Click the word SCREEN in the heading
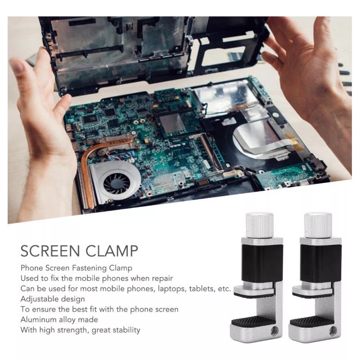(x=50, y=251)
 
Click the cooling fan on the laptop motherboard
(x=117, y=183)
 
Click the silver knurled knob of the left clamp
(x=260, y=225)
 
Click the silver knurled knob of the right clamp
(x=318, y=225)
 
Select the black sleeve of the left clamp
(x=262, y=263)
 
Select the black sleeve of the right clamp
(x=321, y=263)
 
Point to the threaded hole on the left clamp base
(x=274, y=331)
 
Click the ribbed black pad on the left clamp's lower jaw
(x=252, y=321)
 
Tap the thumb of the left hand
(x=60, y=108)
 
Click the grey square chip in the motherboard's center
(x=172, y=123)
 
